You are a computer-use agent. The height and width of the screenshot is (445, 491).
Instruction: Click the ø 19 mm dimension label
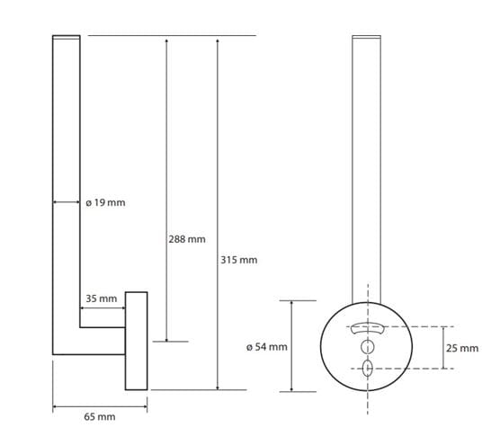tap(105, 203)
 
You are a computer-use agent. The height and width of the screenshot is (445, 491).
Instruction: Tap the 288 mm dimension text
tap(187, 239)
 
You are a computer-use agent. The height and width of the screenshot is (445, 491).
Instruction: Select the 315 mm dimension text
tap(239, 260)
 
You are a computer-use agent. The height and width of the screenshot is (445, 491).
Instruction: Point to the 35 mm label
tap(102, 298)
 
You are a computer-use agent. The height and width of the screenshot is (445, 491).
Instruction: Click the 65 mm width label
tap(100, 417)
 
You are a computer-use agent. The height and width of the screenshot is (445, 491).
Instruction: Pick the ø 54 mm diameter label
tap(267, 347)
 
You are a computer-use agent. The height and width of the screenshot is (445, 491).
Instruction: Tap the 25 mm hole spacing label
tap(462, 348)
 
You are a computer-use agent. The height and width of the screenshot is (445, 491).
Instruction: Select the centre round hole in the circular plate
tap(367, 347)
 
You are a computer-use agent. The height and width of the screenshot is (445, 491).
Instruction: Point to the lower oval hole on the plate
tap(367, 369)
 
